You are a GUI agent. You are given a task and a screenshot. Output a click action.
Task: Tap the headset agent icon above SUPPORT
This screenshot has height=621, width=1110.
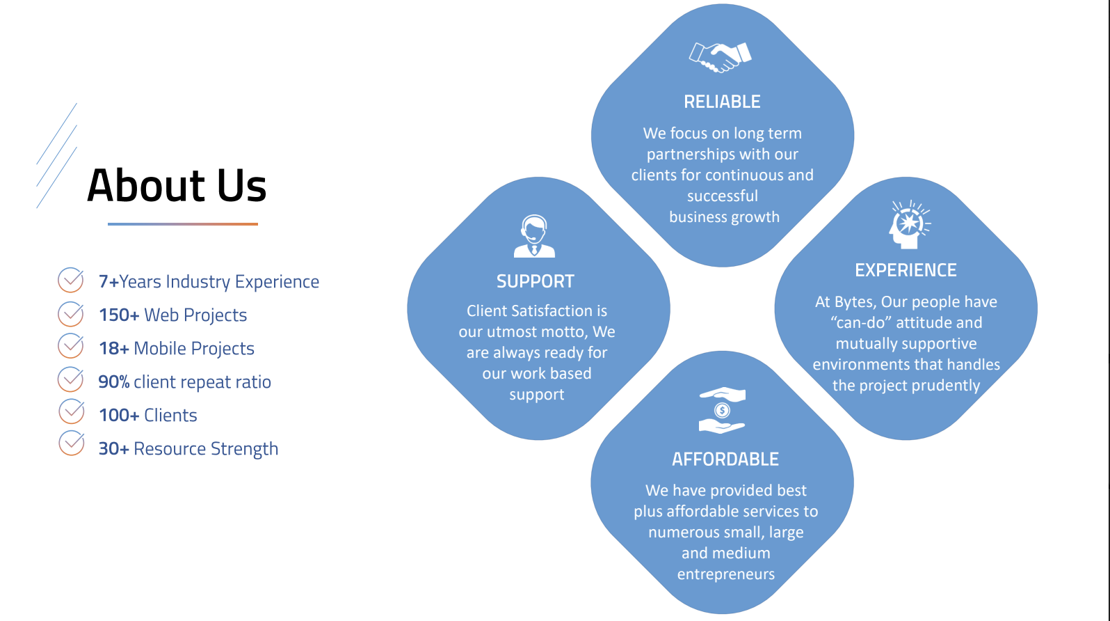click(x=534, y=236)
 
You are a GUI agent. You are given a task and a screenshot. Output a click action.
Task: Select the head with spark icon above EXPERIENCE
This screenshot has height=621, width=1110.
click(x=909, y=225)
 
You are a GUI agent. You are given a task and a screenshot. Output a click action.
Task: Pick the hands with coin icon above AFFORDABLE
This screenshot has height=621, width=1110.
click(x=722, y=410)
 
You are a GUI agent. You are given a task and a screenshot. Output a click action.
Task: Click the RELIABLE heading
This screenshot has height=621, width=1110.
click(x=722, y=102)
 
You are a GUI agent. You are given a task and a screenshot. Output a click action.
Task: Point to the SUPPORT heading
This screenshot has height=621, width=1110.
click(x=536, y=281)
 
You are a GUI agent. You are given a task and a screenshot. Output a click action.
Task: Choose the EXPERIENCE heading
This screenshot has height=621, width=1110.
click(x=906, y=270)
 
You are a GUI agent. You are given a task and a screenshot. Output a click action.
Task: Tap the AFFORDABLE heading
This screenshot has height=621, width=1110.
click(x=725, y=459)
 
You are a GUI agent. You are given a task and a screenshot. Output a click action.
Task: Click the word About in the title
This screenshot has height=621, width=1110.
click(x=145, y=185)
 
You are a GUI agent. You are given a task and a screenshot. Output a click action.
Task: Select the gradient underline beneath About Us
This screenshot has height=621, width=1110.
click(x=183, y=224)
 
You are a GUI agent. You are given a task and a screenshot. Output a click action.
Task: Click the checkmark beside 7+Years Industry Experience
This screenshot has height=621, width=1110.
click(x=71, y=280)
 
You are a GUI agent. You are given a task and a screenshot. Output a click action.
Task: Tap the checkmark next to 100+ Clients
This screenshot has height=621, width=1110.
click(x=72, y=411)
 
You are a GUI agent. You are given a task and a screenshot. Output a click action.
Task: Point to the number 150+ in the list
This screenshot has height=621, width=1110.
click(x=119, y=315)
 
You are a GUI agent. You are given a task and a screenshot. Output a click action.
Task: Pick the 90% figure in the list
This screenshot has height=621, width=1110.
click(x=114, y=382)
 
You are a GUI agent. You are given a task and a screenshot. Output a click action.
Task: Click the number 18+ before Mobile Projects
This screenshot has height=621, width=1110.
click(x=114, y=348)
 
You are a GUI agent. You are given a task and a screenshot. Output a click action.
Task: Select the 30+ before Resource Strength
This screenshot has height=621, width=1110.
click(x=114, y=448)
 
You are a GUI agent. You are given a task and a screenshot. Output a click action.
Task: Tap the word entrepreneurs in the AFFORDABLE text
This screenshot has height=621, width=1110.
click(x=726, y=574)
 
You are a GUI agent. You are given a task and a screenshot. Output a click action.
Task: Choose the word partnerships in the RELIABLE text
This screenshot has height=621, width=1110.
click(x=686, y=155)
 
